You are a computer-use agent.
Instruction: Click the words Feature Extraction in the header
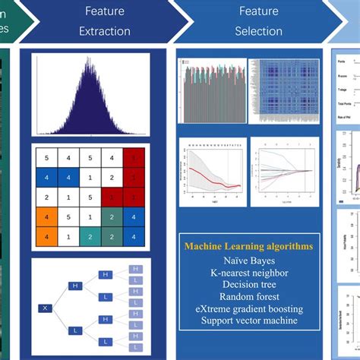105,21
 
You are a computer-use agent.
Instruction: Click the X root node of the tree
46,330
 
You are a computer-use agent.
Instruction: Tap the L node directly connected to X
75,352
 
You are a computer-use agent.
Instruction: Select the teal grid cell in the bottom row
90,236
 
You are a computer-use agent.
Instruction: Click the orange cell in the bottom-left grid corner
46,236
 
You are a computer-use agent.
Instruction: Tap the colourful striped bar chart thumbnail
212,90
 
